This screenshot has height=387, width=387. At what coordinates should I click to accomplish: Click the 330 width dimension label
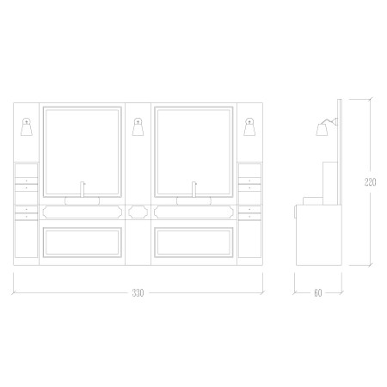(x=138, y=293)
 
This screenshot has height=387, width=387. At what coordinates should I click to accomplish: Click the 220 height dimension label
(x=370, y=182)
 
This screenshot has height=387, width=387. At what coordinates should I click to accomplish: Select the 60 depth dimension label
(x=318, y=293)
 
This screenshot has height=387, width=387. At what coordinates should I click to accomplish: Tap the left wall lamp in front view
(x=27, y=126)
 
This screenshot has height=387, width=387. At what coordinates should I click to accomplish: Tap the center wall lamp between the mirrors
(x=138, y=126)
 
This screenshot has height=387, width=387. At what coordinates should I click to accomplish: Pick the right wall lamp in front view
(x=249, y=126)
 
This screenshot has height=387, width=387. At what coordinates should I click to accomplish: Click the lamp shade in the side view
(x=322, y=130)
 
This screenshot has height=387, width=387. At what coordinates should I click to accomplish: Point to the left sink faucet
(x=83, y=189)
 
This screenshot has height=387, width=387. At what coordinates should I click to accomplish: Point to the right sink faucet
(x=194, y=189)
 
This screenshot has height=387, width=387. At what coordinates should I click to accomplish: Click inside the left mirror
(x=83, y=152)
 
